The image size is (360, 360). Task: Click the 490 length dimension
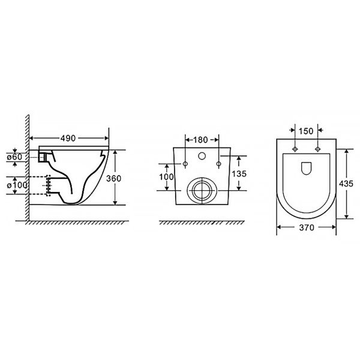67,138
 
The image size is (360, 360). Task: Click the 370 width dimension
306,228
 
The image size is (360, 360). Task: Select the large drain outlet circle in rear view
201,189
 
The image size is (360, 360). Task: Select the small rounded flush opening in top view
306,168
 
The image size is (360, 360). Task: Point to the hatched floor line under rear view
201,223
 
